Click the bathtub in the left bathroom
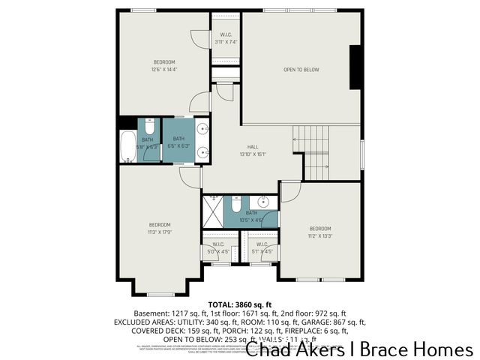[x=128, y=146]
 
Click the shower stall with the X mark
[x=213, y=211]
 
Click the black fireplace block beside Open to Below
[x=355, y=68]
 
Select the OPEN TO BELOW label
[x=301, y=70]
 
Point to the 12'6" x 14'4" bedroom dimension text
[x=164, y=69]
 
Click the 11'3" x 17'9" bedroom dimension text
[x=159, y=232]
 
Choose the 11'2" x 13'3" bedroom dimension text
[x=319, y=235]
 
